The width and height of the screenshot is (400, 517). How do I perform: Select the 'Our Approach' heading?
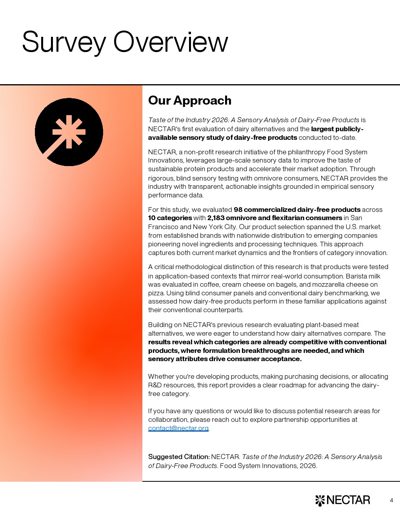[190, 100]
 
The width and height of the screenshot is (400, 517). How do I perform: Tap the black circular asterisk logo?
[69, 132]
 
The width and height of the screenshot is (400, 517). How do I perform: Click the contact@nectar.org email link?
[178, 428]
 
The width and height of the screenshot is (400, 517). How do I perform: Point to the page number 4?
[391, 500]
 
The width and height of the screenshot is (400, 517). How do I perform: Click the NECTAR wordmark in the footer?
[348, 500]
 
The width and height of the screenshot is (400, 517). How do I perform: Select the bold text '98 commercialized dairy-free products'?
[297, 210]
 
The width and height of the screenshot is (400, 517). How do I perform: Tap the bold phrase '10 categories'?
[170, 218]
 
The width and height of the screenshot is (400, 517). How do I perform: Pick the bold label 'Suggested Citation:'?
[179, 457]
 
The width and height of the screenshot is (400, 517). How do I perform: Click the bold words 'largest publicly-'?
[337, 129]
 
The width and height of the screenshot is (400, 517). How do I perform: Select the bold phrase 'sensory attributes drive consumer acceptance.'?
[225, 359]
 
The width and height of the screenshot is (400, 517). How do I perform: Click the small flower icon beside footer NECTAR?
[320, 501]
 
